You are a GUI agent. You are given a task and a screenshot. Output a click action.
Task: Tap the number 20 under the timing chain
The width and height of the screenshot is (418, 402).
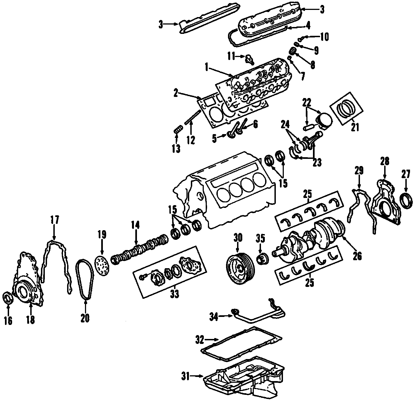85,318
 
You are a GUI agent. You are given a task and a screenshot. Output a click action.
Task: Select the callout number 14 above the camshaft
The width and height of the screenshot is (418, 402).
135,225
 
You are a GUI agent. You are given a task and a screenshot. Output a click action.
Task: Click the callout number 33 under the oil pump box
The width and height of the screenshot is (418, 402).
174,294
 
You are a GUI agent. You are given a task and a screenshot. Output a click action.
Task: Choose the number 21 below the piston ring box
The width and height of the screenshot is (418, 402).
355,127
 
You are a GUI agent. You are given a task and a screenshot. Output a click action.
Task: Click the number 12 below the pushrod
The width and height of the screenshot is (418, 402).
190,140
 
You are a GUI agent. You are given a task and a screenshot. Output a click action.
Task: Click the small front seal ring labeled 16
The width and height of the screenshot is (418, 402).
8,298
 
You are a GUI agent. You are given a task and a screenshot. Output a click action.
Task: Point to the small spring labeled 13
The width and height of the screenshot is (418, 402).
178,129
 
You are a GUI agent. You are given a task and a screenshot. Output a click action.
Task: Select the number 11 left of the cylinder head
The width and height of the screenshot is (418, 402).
231,57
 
